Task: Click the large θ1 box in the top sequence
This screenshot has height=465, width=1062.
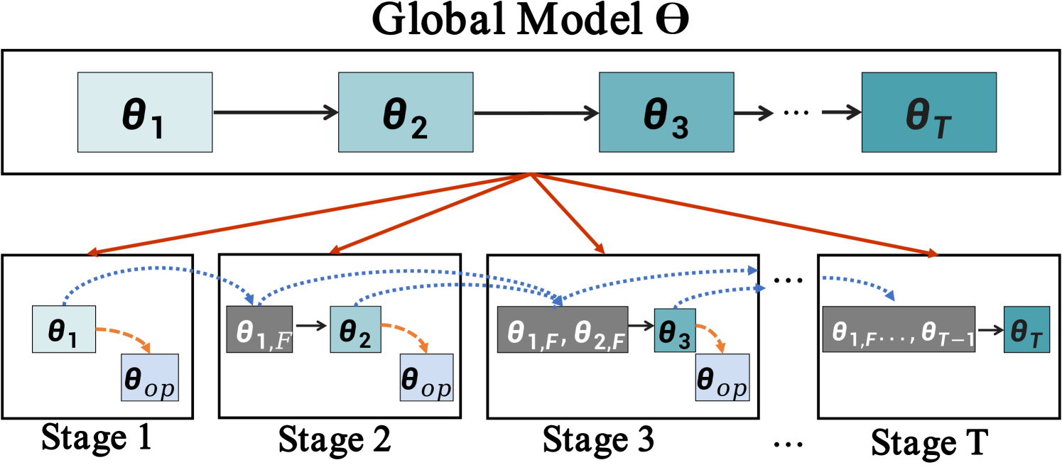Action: pyautogui.click(x=145, y=112)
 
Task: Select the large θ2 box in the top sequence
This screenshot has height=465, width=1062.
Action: pyautogui.click(x=406, y=112)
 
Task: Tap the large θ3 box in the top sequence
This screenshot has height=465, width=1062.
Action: pyautogui.click(x=666, y=112)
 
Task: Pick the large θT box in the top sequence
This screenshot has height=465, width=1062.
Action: pyautogui.click(x=928, y=112)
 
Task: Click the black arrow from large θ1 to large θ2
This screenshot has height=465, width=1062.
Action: pyautogui.click(x=275, y=112)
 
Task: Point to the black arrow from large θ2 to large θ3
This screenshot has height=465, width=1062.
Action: pyautogui.click(x=536, y=112)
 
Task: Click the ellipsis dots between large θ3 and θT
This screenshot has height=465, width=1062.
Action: pyautogui.click(x=796, y=112)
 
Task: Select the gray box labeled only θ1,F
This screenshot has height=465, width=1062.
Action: pyautogui.click(x=259, y=329)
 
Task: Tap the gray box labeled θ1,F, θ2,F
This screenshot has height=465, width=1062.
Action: pyautogui.click(x=563, y=329)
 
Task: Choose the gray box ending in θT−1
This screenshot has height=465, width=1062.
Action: pyautogui.click(x=899, y=329)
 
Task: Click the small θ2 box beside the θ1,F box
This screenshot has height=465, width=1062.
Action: pyautogui.click(x=355, y=329)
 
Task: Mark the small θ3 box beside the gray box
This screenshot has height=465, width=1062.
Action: pyautogui.click(x=675, y=330)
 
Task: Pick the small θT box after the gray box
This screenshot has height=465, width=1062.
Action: pyautogui.click(x=1026, y=329)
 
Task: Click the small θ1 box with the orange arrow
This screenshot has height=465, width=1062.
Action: pyautogui.click(x=64, y=329)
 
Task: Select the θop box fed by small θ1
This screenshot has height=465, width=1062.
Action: pyautogui.click(x=149, y=377)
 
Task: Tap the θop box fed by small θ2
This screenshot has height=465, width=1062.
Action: pyautogui.click(x=426, y=377)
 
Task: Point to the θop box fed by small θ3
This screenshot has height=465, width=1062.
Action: pyautogui.click(x=722, y=377)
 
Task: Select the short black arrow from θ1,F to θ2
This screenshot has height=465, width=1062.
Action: pyautogui.click(x=311, y=326)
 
